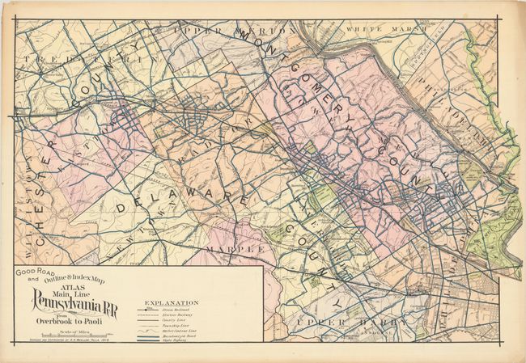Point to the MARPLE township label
coord(235,250)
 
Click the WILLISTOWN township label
coord(23,214)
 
